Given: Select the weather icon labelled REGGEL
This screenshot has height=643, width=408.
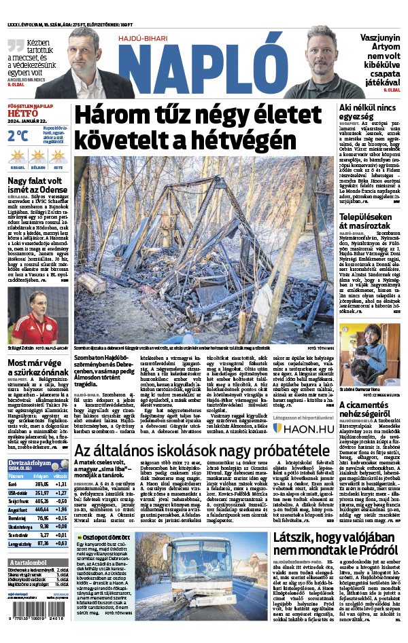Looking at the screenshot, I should pos(17,156).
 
